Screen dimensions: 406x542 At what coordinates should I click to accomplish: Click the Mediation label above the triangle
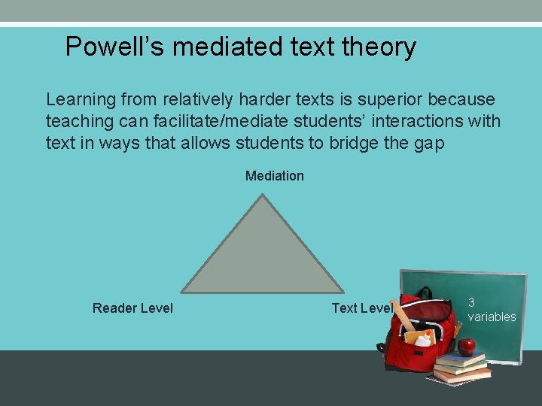[275, 176]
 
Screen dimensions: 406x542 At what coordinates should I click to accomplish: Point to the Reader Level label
[132, 308]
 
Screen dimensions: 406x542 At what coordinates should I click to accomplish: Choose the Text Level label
[361, 308]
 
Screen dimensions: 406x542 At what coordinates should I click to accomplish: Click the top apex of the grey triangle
[261, 197]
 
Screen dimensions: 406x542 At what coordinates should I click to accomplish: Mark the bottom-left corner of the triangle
[183, 291]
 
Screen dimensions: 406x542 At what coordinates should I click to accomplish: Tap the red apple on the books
[467, 347]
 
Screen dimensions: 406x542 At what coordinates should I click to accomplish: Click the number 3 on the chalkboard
[471, 302]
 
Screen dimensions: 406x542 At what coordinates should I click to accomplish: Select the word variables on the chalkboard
[492, 317]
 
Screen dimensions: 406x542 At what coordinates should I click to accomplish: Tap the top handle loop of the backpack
[425, 292]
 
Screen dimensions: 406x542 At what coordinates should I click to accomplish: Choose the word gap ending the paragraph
[429, 143]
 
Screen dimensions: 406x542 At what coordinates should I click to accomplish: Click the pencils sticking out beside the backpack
[457, 330]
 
